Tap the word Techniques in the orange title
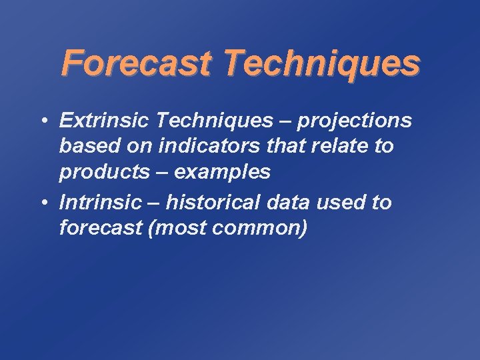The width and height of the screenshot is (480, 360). [321, 63]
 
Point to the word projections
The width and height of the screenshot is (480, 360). [355, 120]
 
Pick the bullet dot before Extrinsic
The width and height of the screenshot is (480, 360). [42, 121]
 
